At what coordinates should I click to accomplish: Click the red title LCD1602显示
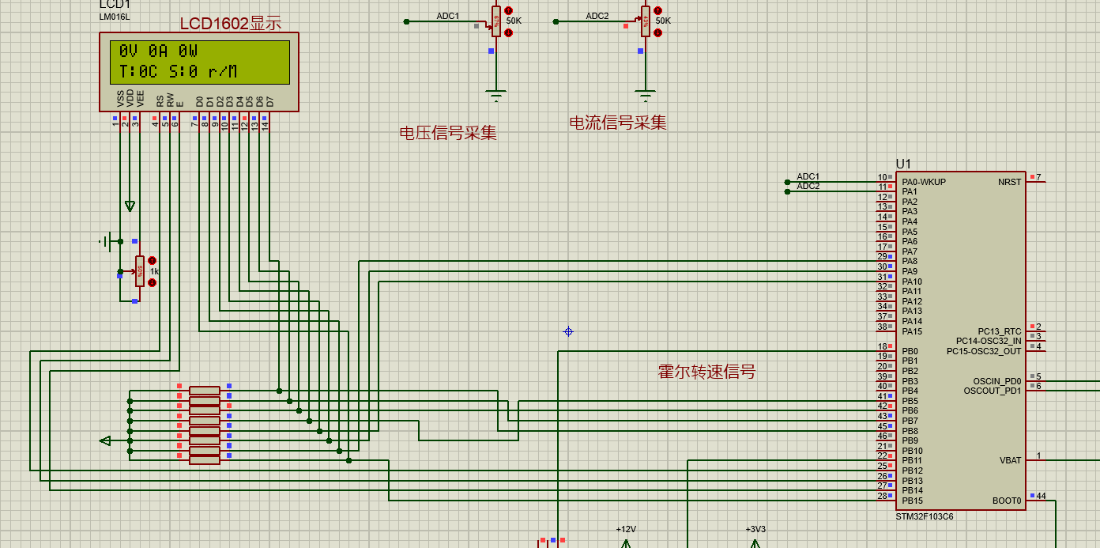[230, 24]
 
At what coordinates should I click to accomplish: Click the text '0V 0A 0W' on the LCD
[158, 51]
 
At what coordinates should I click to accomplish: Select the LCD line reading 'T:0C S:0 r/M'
[178, 72]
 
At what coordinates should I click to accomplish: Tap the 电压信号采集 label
[448, 133]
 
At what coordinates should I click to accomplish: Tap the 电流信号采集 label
[618, 123]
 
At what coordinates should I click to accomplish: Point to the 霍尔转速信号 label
[706, 372]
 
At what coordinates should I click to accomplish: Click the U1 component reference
[903, 164]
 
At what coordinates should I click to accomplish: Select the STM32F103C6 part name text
[925, 516]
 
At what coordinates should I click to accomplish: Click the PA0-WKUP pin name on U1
[923, 182]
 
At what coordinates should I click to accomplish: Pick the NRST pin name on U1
[1009, 182]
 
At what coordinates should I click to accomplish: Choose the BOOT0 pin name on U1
[1007, 501]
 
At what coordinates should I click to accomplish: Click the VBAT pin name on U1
[1010, 460]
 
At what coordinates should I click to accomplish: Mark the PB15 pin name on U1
[912, 501]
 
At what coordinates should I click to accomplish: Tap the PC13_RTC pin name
[999, 331]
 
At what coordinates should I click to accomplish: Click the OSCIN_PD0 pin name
[996, 381]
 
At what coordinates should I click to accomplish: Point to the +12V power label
[626, 529]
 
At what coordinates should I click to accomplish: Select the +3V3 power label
[755, 529]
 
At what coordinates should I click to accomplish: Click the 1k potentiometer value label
[155, 271]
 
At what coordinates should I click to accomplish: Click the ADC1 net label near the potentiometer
[448, 16]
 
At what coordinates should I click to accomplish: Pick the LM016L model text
[115, 17]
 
